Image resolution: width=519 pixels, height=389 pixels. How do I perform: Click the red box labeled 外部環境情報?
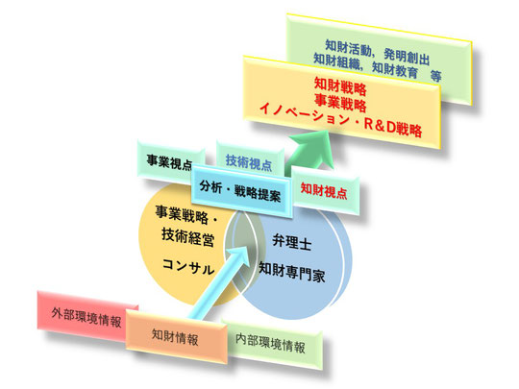[86, 316]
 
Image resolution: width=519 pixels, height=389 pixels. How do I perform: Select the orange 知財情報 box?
[177, 336]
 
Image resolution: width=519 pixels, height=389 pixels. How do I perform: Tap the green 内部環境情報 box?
[272, 344]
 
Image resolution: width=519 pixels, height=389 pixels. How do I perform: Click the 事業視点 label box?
[169, 163]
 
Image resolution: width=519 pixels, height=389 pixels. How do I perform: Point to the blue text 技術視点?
[249, 163]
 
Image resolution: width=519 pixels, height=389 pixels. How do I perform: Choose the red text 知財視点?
[324, 191]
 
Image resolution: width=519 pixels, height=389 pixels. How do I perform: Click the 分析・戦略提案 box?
[240, 191]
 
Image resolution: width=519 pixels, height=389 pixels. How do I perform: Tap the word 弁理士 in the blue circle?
[292, 242]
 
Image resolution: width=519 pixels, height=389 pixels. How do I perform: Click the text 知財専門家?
[291, 272]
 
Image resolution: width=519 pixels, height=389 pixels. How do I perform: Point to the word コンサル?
[188, 266]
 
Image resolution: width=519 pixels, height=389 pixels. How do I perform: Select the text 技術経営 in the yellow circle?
[187, 237]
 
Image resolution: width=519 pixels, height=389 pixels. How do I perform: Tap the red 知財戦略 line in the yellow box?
[340, 85]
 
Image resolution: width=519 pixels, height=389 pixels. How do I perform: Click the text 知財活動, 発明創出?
[378, 52]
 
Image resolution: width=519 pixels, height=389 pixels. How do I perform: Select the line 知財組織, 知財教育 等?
[378, 68]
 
